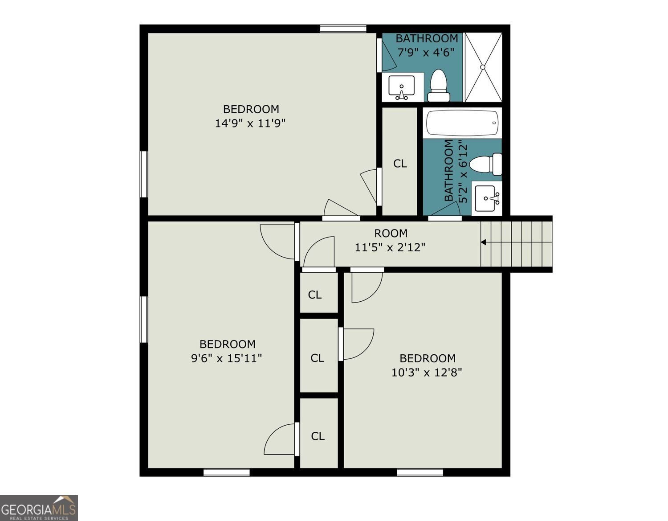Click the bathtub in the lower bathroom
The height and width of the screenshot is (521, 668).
pyautogui.click(x=462, y=123)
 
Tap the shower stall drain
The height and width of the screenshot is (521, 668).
pyautogui.click(x=483, y=67)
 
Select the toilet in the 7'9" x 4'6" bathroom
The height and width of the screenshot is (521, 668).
pyautogui.click(x=438, y=86)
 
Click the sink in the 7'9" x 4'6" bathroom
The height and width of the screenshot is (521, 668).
pyautogui.click(x=402, y=88)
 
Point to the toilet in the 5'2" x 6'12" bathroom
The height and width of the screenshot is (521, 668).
pyautogui.click(x=486, y=164)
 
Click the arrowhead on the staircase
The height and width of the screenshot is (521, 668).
pyautogui.click(x=483, y=242)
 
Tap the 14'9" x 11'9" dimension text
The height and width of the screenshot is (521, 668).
pyautogui.click(x=250, y=123)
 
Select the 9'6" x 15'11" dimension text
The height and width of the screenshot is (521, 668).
pyautogui.click(x=227, y=358)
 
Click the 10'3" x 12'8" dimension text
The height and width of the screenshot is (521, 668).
pyautogui.click(x=427, y=373)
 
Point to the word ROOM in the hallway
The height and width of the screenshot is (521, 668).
pyautogui.click(x=391, y=234)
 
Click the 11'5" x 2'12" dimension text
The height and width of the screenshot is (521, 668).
pyautogui.click(x=390, y=247)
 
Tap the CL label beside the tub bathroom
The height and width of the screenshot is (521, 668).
pyautogui.click(x=400, y=164)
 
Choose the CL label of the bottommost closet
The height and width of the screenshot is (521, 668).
pyautogui.click(x=318, y=436)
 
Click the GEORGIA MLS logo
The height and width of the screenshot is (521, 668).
pyautogui.click(x=39, y=508)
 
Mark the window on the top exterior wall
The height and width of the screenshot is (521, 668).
pyautogui.click(x=343, y=29)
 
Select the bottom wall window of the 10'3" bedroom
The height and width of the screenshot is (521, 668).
pyautogui.click(x=420, y=472)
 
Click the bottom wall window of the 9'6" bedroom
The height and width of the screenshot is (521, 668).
pyautogui.click(x=227, y=472)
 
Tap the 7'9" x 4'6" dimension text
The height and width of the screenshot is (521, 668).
pyautogui.click(x=426, y=53)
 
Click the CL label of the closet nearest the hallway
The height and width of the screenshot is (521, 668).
pyautogui.click(x=315, y=295)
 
